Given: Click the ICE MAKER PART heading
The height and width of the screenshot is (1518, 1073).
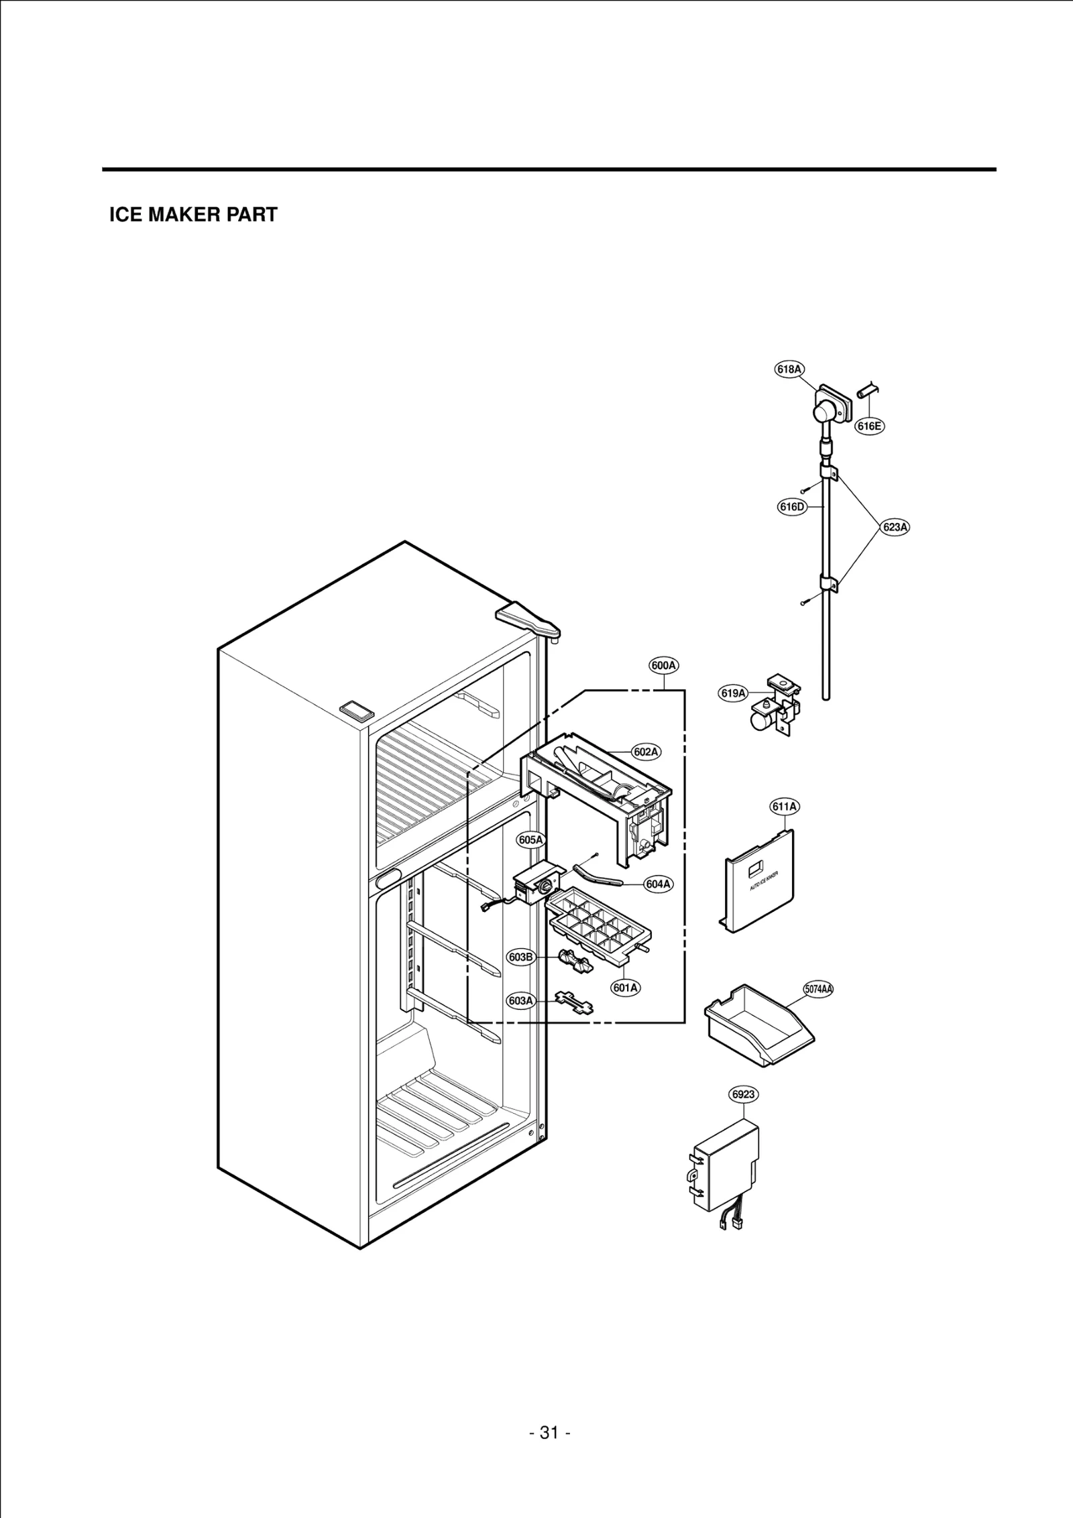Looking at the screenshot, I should pyautogui.click(x=193, y=215).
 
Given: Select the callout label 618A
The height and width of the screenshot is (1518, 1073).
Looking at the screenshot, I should pyautogui.click(x=789, y=369).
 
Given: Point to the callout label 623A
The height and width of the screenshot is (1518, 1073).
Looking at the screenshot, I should pyautogui.click(x=895, y=527).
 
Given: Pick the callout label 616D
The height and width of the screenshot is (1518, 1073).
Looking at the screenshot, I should pyautogui.click(x=791, y=507).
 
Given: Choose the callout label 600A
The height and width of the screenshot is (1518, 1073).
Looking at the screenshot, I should pyautogui.click(x=663, y=666).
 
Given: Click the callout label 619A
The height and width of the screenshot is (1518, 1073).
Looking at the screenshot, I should pyautogui.click(x=733, y=693).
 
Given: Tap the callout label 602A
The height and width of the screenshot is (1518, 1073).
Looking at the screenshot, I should pyautogui.click(x=645, y=752).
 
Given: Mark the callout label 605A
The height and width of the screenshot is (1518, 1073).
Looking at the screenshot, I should pyautogui.click(x=530, y=839).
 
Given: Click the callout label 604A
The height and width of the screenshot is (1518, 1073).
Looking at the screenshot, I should pyautogui.click(x=659, y=884).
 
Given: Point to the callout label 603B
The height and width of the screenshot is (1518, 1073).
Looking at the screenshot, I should pyautogui.click(x=520, y=957).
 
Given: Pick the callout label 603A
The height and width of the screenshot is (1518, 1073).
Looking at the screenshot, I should pyautogui.click(x=520, y=1001).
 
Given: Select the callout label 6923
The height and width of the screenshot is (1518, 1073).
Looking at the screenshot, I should pyautogui.click(x=744, y=1094).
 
